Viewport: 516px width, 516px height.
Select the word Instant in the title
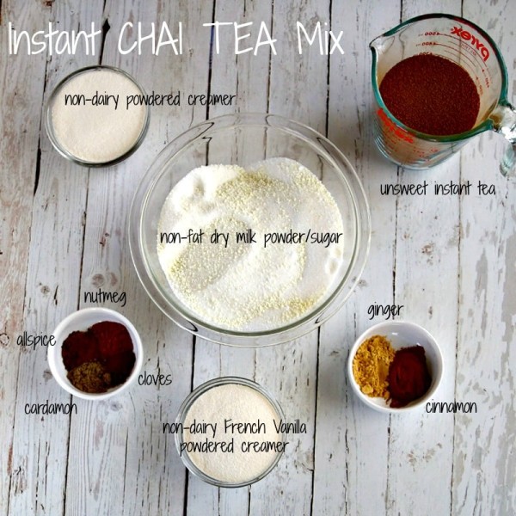click(55, 40)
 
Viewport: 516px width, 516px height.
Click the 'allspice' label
click(35, 340)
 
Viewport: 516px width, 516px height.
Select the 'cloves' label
click(155, 378)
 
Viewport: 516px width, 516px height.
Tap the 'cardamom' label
click(50, 408)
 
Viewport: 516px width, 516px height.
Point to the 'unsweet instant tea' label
click(438, 187)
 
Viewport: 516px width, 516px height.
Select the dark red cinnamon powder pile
click(408, 374)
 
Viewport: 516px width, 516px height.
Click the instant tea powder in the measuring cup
click(429, 94)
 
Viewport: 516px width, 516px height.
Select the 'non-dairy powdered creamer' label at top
click(150, 100)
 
